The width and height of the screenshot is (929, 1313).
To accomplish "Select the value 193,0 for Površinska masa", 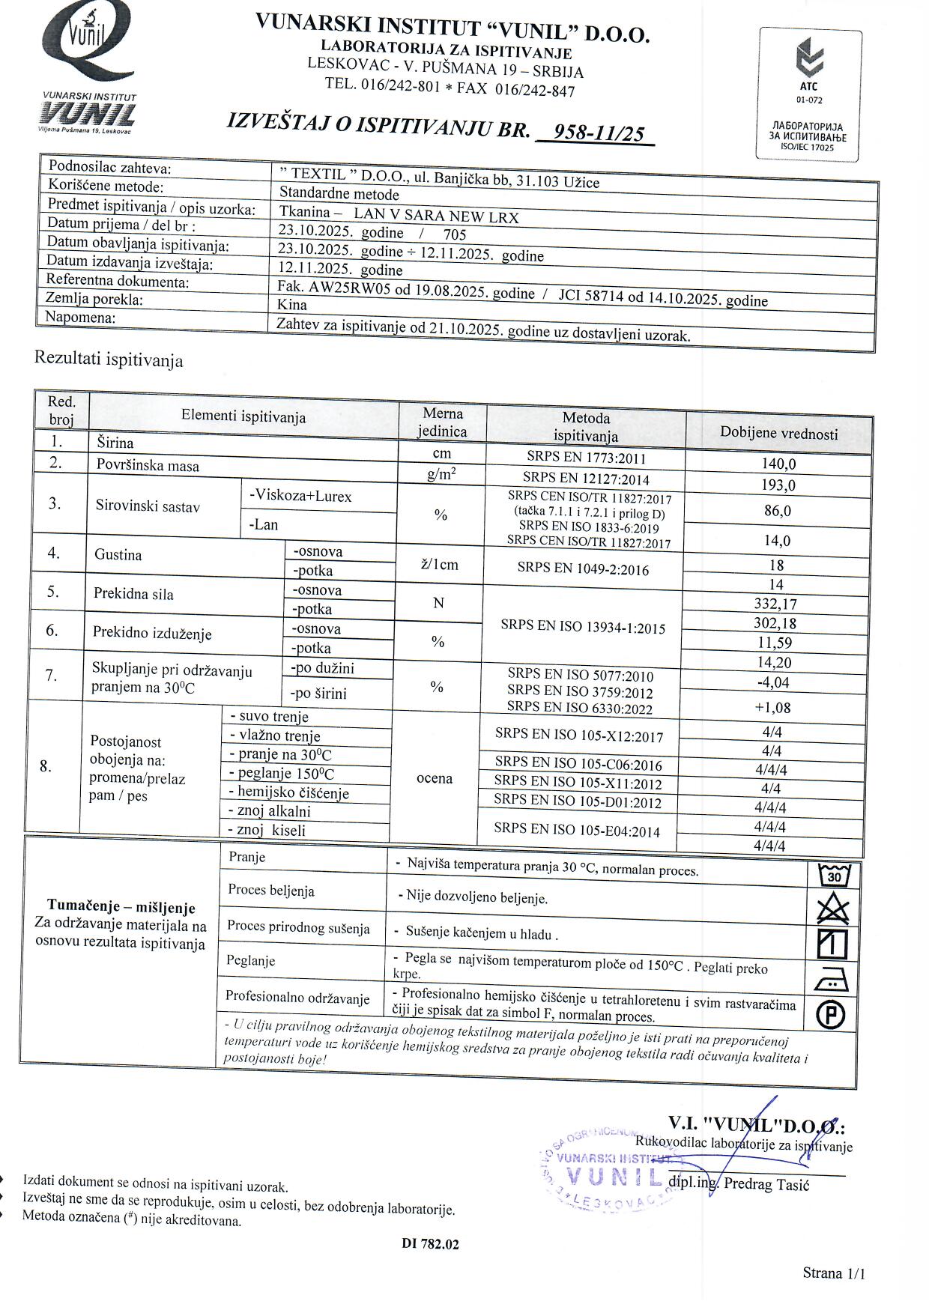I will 778,485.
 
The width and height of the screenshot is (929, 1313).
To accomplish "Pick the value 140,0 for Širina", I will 778,464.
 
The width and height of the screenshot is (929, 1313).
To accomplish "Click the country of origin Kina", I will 292,305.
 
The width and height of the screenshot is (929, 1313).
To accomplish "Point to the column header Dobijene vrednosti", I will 778,433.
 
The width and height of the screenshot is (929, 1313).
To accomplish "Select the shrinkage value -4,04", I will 774,682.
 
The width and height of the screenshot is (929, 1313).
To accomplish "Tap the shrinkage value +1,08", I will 774,708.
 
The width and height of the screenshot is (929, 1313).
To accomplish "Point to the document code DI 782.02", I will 430,1244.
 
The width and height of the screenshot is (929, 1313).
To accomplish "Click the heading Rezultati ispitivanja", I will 109,360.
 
